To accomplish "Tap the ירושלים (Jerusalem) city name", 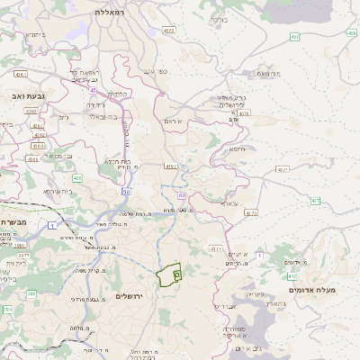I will [130, 309].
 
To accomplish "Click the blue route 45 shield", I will [93, 89].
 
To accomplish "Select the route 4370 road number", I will [250, 213].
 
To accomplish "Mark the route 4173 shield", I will [214, 247].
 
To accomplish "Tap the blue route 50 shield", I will [127, 191].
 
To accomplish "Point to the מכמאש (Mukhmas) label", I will [269, 73].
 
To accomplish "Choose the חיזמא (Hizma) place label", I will [238, 149].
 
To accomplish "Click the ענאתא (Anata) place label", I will [229, 204].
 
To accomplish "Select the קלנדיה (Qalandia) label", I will [117, 94].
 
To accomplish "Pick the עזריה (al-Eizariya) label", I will [255, 294].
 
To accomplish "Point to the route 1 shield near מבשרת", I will [55, 224].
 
